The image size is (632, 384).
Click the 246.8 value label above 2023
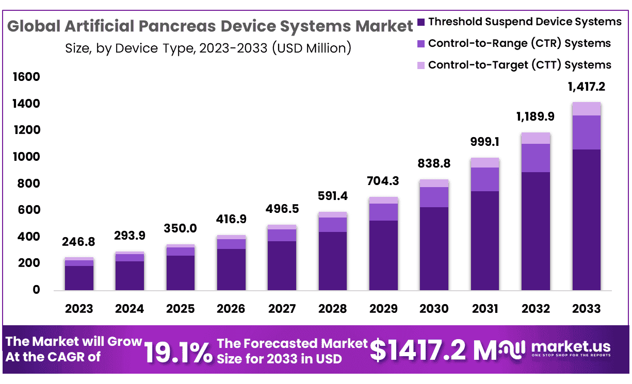point(79,242)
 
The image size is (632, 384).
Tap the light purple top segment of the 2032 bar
point(536,138)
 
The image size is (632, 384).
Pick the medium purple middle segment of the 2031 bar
point(485,179)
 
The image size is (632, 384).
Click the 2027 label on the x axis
point(282,309)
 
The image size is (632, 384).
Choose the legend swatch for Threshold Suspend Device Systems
point(421,22)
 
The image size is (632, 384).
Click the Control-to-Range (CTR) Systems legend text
point(519,43)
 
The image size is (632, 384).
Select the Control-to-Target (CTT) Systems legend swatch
point(421,65)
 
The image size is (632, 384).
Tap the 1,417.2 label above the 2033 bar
point(586,87)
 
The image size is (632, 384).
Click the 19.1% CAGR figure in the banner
point(177,352)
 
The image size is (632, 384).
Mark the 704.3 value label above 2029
point(383,181)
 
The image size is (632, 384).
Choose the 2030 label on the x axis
point(434,309)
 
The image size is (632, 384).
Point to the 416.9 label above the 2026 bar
point(231,219)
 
